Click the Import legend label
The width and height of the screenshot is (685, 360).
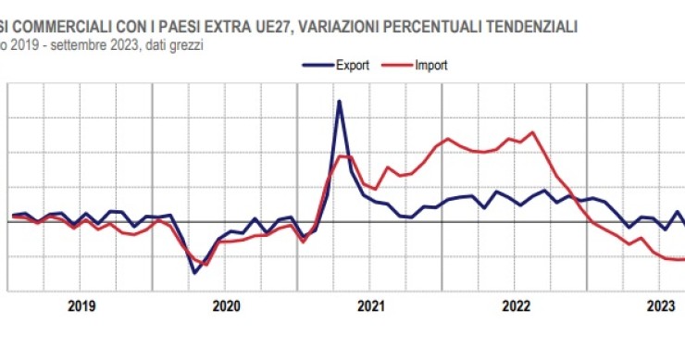pos(431,66)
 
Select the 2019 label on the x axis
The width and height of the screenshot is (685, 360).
pos(82,305)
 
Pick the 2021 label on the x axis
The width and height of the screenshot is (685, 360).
pos(371,305)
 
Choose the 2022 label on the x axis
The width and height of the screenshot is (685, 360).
pos(515,305)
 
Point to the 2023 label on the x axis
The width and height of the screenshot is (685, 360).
pos(659,305)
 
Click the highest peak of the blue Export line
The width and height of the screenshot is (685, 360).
pos(339,101)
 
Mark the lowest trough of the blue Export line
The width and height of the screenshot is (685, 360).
pos(194,272)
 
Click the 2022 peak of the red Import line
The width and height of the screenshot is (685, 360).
pos(532,132)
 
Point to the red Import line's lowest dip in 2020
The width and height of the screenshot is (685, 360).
pos(205,265)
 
